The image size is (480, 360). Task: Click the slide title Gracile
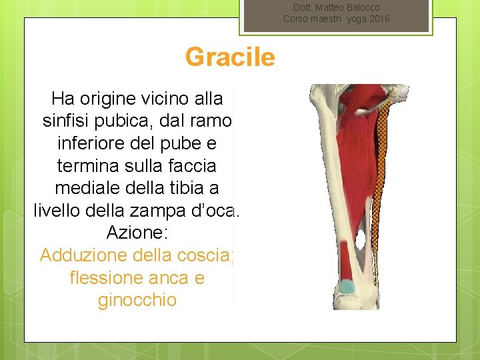click(230, 57)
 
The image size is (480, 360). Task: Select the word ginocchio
click(137, 300)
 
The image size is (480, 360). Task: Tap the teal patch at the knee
click(348, 287)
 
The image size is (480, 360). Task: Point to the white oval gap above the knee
click(361, 241)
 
